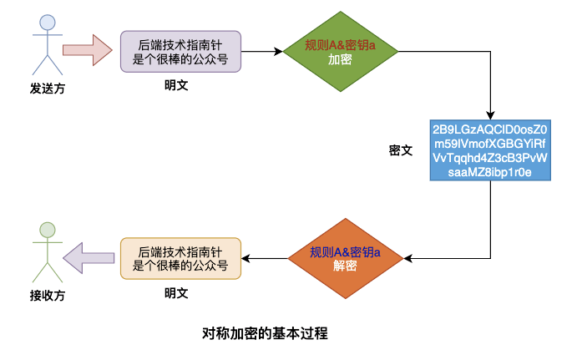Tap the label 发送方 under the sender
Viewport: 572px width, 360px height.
(48, 89)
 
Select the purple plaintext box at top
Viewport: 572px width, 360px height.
(180, 52)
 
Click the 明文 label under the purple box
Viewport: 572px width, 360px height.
(176, 85)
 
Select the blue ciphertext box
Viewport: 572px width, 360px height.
(490, 151)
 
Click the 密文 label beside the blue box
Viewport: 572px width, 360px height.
(401, 150)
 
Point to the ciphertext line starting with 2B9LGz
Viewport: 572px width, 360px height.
(490, 130)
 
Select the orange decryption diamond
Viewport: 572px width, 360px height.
(345, 259)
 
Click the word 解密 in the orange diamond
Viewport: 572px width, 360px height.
(345, 266)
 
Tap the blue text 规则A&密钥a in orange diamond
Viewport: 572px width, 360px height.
(345, 252)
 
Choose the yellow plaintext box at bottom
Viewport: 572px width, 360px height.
(180, 258)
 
